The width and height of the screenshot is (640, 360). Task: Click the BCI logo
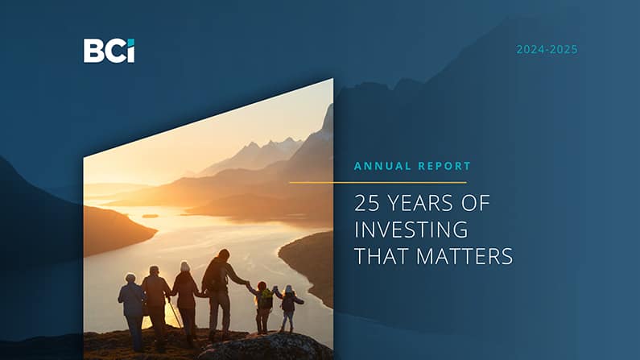(x=109, y=51)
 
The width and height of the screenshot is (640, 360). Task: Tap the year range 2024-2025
(x=547, y=50)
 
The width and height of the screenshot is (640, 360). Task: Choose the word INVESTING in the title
(x=411, y=230)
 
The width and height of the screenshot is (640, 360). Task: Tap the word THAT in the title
(x=378, y=257)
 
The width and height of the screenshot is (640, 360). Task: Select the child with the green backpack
(x=262, y=306)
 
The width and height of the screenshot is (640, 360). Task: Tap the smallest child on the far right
(x=288, y=308)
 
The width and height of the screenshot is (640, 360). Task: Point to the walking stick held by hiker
(x=171, y=310)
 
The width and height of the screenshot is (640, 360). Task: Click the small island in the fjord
(x=150, y=216)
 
